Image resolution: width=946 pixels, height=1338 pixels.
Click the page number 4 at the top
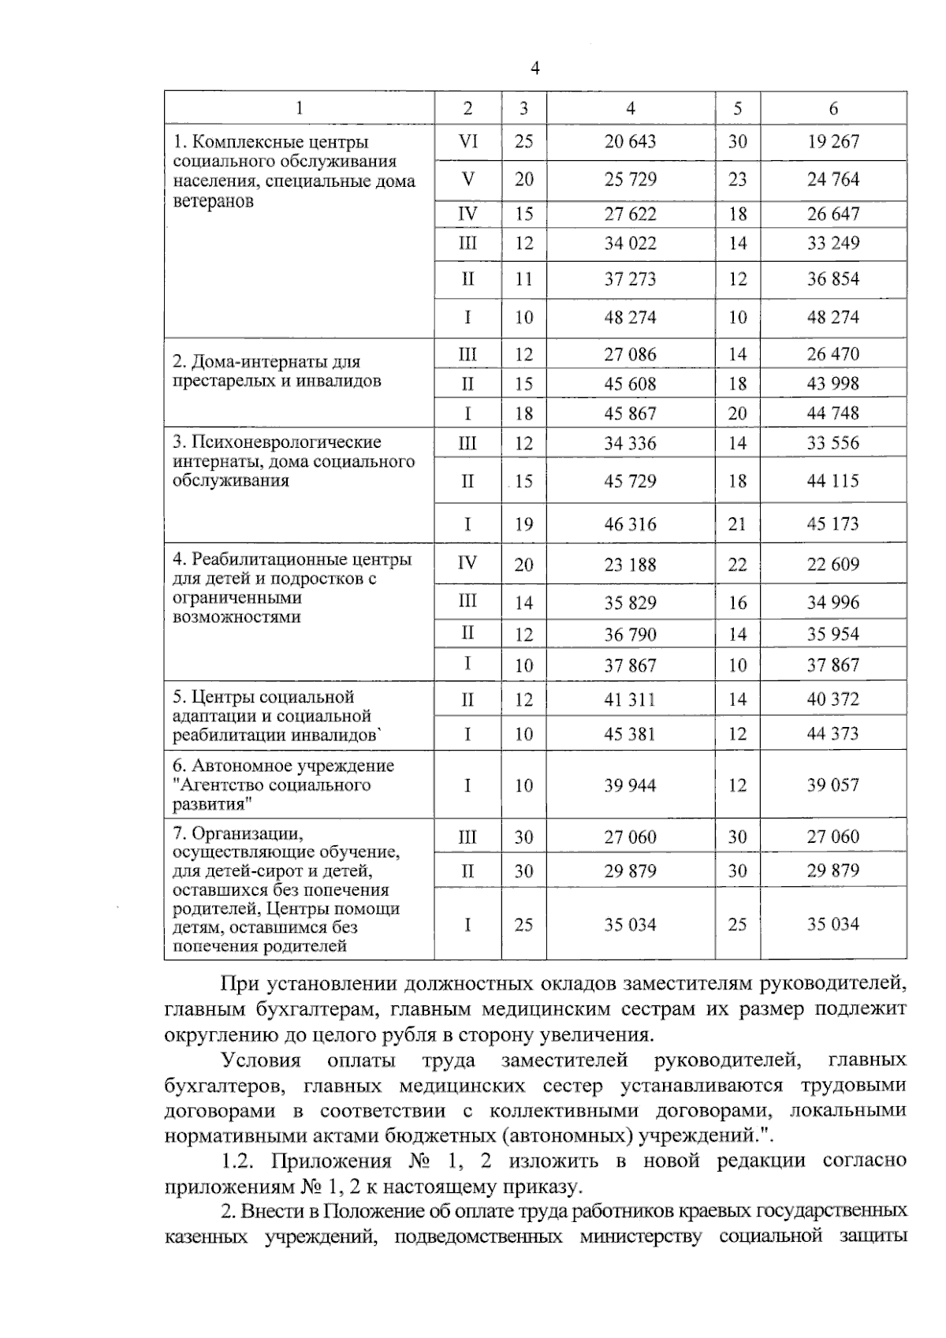pos(535,69)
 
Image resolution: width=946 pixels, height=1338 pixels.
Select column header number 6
pos(833,109)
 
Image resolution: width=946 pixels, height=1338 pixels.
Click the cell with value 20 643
pos(630,142)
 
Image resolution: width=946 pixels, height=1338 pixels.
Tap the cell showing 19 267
pos(833,142)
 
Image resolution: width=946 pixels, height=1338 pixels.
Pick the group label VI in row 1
pos(467,142)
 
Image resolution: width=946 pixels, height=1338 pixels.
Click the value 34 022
pos(630,244)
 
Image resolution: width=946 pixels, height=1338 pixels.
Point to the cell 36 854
pos(833,279)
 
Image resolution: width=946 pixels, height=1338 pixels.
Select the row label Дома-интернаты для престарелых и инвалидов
pos(277,372)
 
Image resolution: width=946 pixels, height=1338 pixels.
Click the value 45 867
pos(630,414)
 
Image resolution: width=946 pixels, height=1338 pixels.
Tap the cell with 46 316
pos(630,524)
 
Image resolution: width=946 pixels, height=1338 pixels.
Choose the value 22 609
pos(833,565)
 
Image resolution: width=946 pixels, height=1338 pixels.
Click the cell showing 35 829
pos(630,603)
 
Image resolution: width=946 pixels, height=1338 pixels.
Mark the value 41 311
pos(630,699)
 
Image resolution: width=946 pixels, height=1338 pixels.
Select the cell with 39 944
pos(630,785)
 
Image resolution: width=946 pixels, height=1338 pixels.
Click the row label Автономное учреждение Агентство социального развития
pos(283,785)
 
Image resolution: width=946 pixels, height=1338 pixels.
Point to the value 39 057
pos(833,785)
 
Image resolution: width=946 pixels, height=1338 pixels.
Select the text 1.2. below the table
pos(239,1161)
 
